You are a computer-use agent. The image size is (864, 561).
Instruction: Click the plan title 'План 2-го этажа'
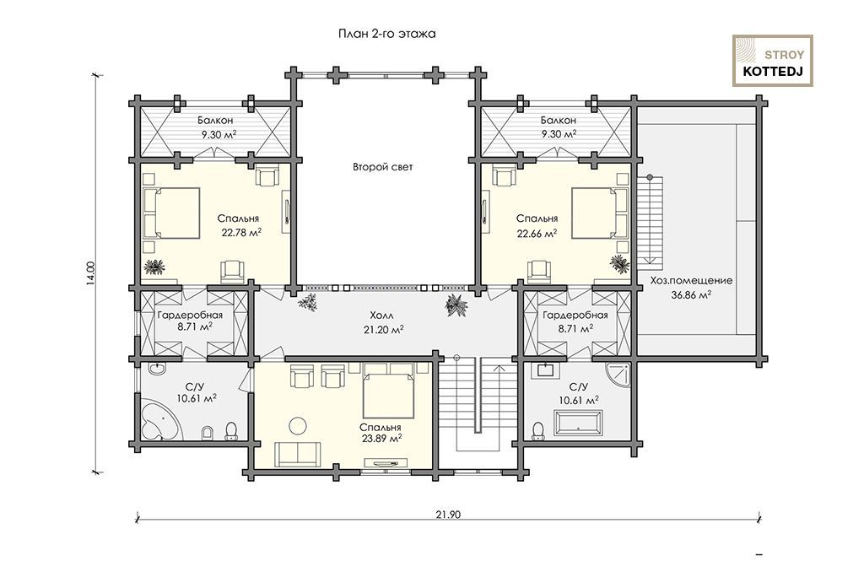386,35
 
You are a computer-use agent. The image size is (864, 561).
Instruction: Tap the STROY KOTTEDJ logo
773,61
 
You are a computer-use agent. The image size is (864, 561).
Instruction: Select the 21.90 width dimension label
448,515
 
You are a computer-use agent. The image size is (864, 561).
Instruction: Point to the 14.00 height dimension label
91,272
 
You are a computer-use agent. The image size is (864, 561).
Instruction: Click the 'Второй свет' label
382,167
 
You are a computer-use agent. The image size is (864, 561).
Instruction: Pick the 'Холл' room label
382,316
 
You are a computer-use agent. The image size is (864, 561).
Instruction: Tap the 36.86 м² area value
691,294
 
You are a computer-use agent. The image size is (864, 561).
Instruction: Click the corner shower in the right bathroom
617,375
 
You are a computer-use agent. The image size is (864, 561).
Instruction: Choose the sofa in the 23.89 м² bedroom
298,454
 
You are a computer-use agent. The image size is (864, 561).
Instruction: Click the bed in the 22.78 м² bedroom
171,213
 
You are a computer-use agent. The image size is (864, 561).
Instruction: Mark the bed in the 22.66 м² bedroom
600,213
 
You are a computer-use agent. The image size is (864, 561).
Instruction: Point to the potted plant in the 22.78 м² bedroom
154,267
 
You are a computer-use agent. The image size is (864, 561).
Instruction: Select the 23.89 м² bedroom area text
381,440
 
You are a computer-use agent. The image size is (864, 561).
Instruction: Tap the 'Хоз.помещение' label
691,280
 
